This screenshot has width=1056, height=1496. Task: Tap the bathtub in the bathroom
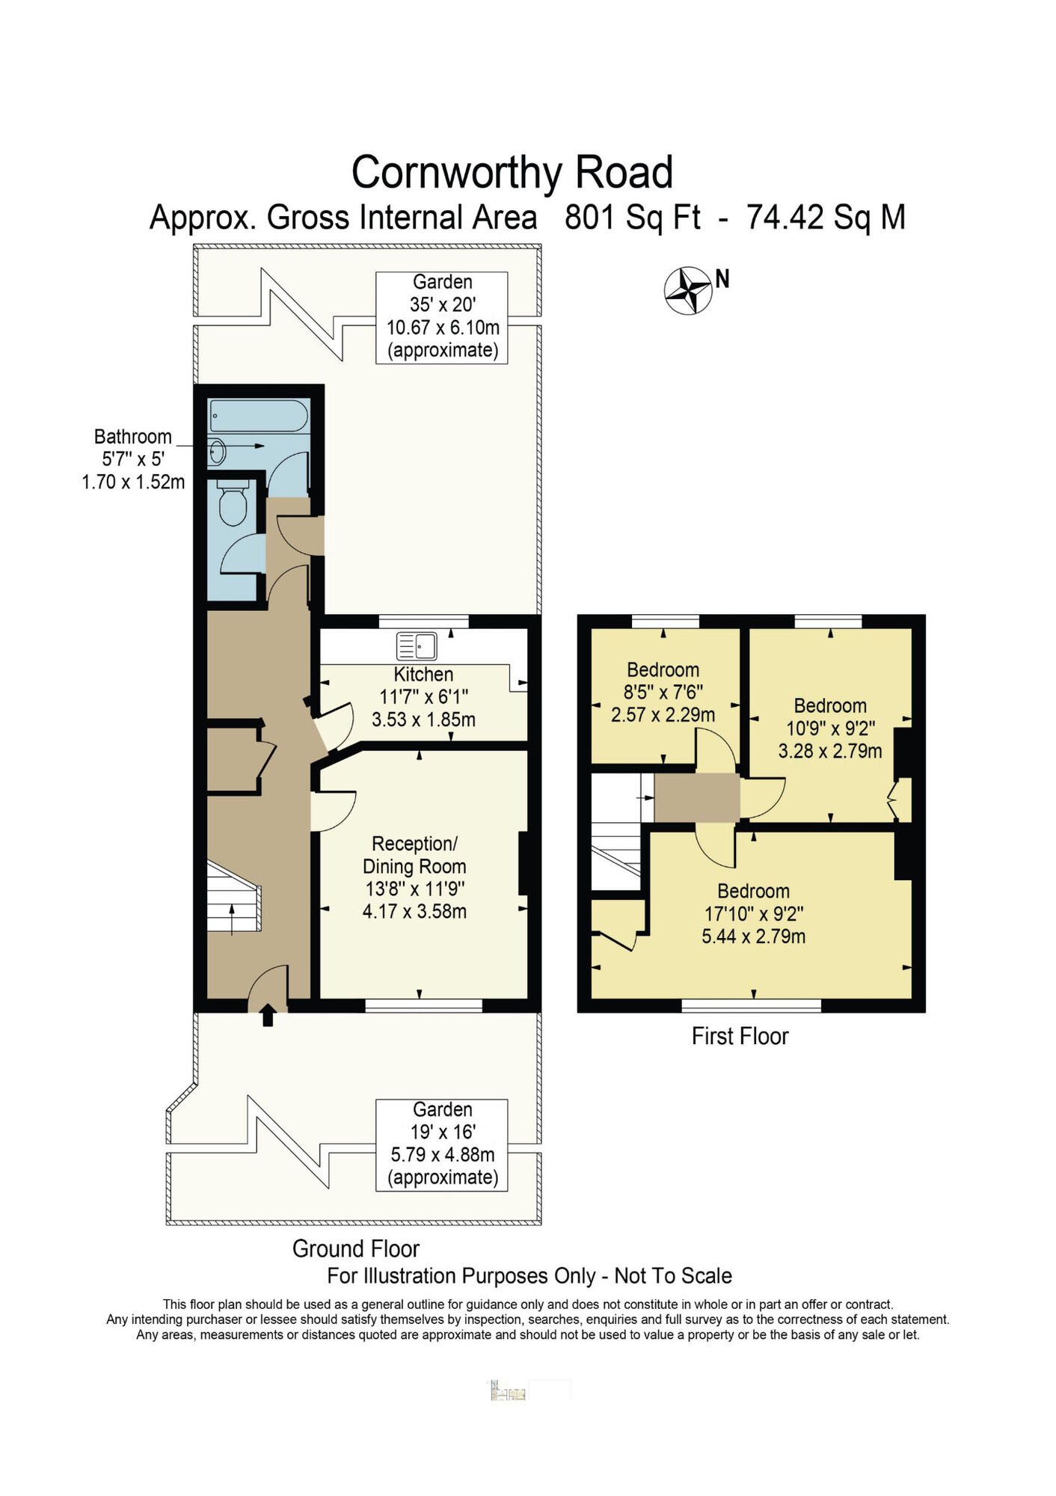(259, 416)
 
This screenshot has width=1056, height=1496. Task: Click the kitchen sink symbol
(417, 646)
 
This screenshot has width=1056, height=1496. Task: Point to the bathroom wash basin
(218, 451)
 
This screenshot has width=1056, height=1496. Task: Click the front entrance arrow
(268, 1016)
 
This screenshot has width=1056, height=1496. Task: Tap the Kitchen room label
(423, 674)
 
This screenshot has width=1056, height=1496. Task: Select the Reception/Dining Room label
(414, 855)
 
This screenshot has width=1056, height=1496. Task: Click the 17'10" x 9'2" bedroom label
(753, 913)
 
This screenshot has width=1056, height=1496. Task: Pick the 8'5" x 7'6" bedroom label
(663, 692)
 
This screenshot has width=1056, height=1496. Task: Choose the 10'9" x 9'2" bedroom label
(830, 728)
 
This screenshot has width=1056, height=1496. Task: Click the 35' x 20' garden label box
(442, 317)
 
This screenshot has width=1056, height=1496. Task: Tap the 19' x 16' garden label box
(442, 1144)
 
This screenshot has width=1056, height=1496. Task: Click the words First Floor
(740, 1036)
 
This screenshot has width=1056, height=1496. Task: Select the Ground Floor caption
(355, 1248)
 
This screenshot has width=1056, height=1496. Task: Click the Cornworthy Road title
(512, 172)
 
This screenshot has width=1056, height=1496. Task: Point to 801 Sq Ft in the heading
(632, 218)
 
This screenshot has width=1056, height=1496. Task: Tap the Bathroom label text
(132, 436)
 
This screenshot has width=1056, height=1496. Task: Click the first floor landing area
(696, 797)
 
